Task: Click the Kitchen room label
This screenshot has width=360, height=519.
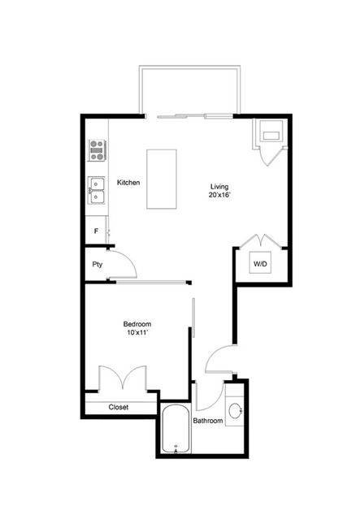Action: (x=128, y=183)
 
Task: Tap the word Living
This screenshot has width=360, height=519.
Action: (x=218, y=185)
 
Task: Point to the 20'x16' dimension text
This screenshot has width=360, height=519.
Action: (x=218, y=195)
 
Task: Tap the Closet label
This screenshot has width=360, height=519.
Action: (x=119, y=408)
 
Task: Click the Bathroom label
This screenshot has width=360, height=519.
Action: (x=208, y=421)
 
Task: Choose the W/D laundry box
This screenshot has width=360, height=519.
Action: (x=260, y=264)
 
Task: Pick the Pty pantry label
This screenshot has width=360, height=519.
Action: (x=97, y=264)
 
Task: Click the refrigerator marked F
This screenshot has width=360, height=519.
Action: (x=97, y=231)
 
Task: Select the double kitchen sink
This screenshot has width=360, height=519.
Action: (x=97, y=190)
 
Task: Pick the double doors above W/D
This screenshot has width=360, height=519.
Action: (x=260, y=241)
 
